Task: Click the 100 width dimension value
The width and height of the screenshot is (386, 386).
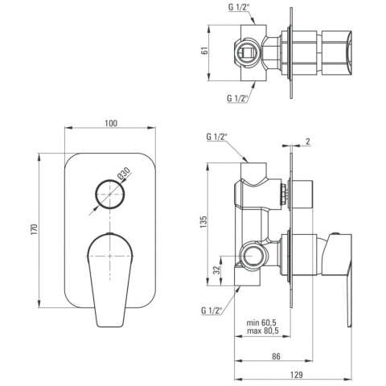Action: coord(111,123)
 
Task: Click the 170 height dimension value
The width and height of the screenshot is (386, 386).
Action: coord(34,229)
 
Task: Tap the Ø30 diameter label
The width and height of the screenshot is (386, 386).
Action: coord(124,173)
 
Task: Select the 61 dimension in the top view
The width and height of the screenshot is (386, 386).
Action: coord(205,51)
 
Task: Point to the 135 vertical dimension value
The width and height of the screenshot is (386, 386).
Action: coord(203,222)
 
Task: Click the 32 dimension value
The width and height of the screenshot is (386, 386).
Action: coord(218,270)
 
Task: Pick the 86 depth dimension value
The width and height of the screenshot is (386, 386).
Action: coord(276,356)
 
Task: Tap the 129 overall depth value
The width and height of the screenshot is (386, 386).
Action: coord(296,375)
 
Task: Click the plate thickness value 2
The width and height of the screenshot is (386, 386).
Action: coord(308,142)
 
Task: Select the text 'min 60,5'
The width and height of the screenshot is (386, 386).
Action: coord(261,322)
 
